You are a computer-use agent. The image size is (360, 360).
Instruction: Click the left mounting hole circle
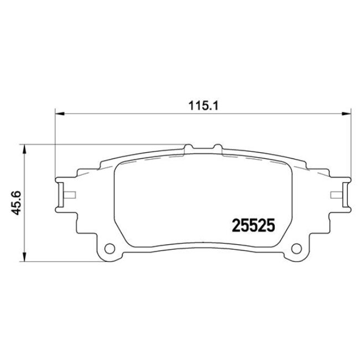(109, 248)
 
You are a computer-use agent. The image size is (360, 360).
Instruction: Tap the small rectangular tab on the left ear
(70, 194)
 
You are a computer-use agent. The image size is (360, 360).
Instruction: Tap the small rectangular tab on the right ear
(335, 194)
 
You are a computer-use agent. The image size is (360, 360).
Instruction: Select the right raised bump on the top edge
(217, 147)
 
